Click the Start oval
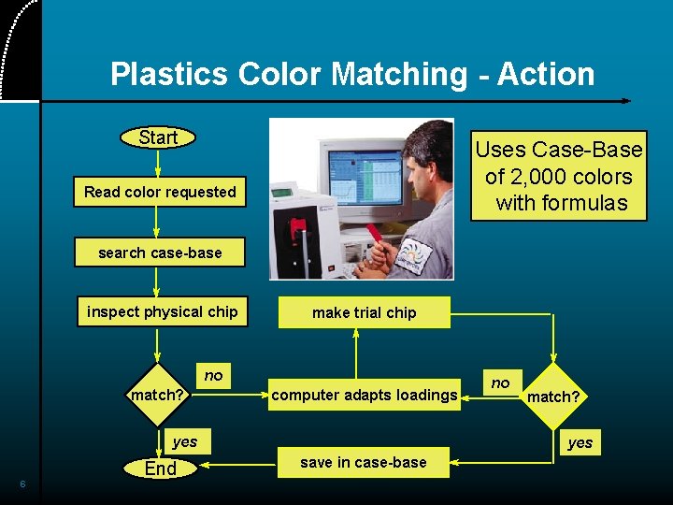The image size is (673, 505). click(158, 137)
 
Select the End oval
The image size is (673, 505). click(160, 469)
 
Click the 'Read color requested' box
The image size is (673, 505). click(160, 192)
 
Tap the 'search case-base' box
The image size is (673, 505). click(160, 252)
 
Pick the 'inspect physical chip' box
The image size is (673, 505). click(163, 311)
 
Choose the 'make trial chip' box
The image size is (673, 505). click(364, 312)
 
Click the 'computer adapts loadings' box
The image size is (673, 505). click(364, 395)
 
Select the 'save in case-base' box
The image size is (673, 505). click(363, 462)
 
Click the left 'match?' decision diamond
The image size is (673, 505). click(157, 395)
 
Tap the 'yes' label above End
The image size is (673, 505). click(185, 441)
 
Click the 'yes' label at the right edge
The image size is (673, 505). click(580, 442)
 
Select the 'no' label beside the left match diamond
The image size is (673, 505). click(214, 375)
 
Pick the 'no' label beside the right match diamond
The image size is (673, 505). click(501, 382)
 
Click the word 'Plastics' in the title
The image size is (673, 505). click(170, 74)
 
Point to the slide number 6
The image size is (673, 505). click(22, 483)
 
